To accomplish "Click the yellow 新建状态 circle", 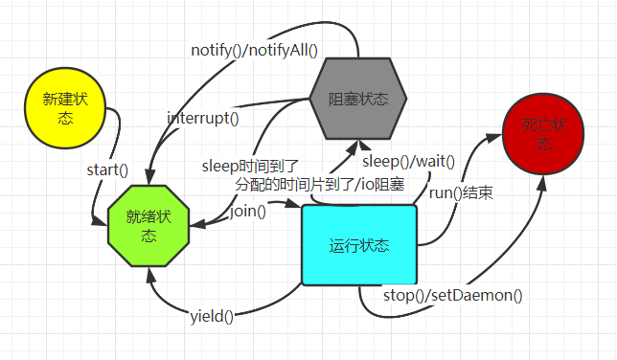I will (64, 109).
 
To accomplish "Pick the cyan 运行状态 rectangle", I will (359, 245).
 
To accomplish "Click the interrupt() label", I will (203, 119).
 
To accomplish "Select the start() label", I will (107, 169).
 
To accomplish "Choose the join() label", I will (248, 211).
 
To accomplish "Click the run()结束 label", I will (461, 192).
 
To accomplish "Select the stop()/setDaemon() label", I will (453, 295).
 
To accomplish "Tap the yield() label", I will (213, 315).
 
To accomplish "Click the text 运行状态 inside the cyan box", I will (359, 245).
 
